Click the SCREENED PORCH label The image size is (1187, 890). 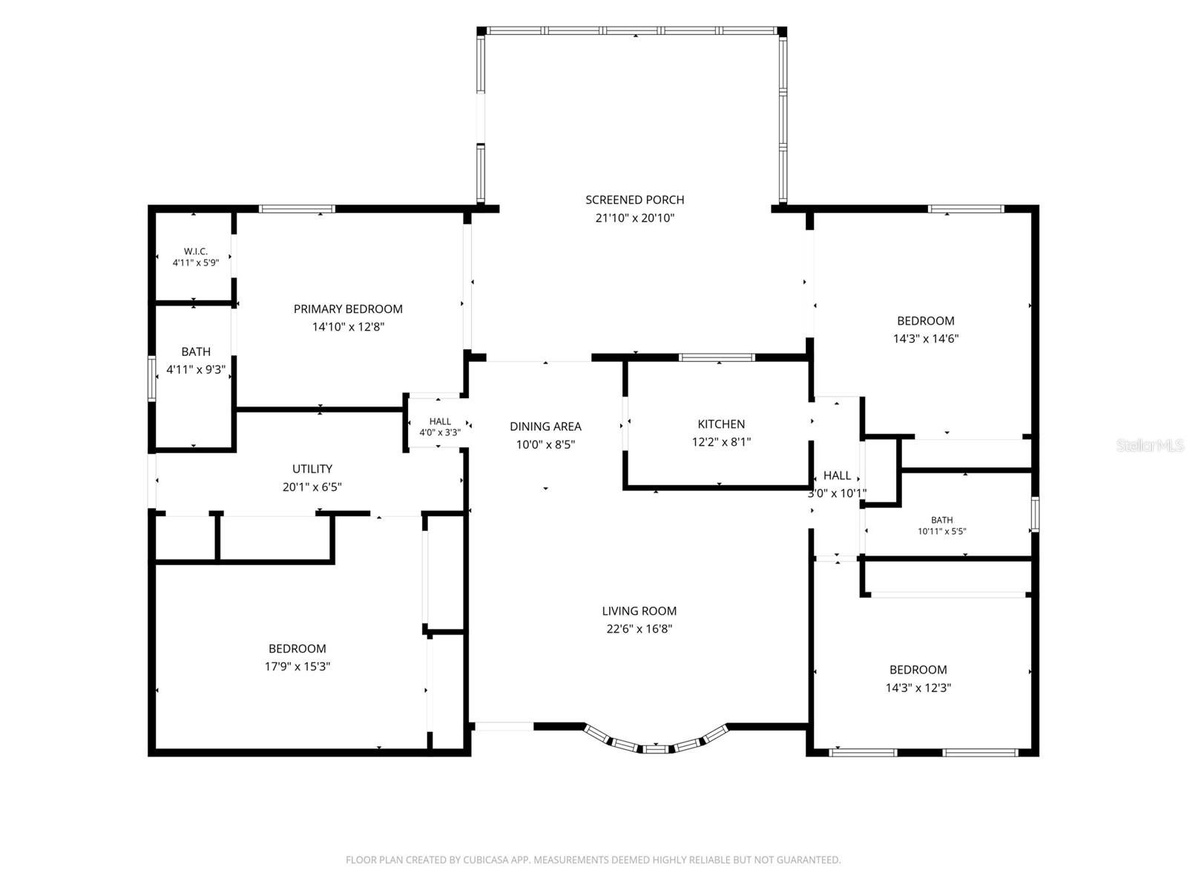tap(634, 200)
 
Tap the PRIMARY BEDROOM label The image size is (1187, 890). tap(348, 309)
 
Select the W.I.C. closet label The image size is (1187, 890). tap(195, 251)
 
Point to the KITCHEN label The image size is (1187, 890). tap(721, 424)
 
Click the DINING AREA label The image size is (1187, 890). tap(545, 426)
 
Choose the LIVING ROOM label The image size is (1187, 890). tap(639, 610)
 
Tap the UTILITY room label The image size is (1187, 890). tap(312, 469)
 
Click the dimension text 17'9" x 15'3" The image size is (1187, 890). tap(297, 666)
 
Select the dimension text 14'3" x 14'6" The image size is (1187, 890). tap(925, 339)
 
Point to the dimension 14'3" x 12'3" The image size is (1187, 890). tap(918, 688)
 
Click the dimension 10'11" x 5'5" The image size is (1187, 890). tap(941, 531)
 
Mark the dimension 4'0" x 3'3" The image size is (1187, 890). tap(440, 432)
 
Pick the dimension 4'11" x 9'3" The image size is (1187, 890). tap(195, 369)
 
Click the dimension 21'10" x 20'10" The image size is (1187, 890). tap(634, 218)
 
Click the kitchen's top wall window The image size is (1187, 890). tap(717, 357)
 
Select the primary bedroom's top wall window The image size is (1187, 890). tap(296, 209)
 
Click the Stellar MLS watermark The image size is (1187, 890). tap(1149, 446)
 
